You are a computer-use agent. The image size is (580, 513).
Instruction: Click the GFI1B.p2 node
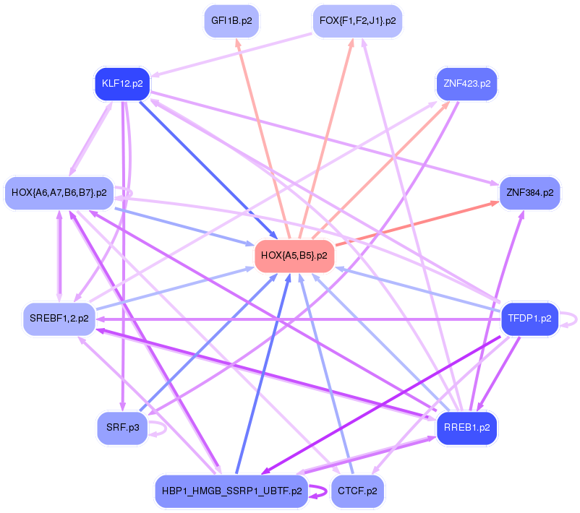point(231,21)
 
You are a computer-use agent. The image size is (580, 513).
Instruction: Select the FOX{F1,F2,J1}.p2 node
point(357,21)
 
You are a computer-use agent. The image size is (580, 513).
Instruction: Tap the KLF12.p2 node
point(121,84)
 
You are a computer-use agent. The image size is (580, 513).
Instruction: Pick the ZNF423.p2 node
point(466,84)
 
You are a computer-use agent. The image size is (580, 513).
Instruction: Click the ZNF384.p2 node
point(530,193)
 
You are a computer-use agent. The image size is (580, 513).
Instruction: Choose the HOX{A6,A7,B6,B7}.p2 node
point(59,193)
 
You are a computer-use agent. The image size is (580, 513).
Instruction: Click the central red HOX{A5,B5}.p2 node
point(294,256)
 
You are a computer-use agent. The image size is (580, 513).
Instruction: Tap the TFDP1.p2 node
point(529,318)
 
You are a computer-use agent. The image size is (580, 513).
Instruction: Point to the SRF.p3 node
point(123,428)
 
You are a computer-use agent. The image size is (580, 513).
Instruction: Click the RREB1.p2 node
point(466,428)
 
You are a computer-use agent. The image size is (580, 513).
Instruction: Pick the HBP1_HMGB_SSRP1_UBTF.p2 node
point(231,491)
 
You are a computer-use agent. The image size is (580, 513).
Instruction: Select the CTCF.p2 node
point(357,491)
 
